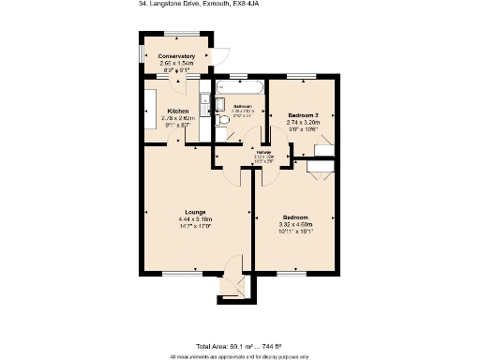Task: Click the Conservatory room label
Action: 176,56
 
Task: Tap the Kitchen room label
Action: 177,111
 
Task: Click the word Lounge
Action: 195,212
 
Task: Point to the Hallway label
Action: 264,152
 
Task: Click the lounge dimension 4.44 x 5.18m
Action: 195,218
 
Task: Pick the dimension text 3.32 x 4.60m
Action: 294,225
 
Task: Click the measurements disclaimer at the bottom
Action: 239,356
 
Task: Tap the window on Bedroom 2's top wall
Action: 301,77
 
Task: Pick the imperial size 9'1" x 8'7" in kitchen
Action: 177,125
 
